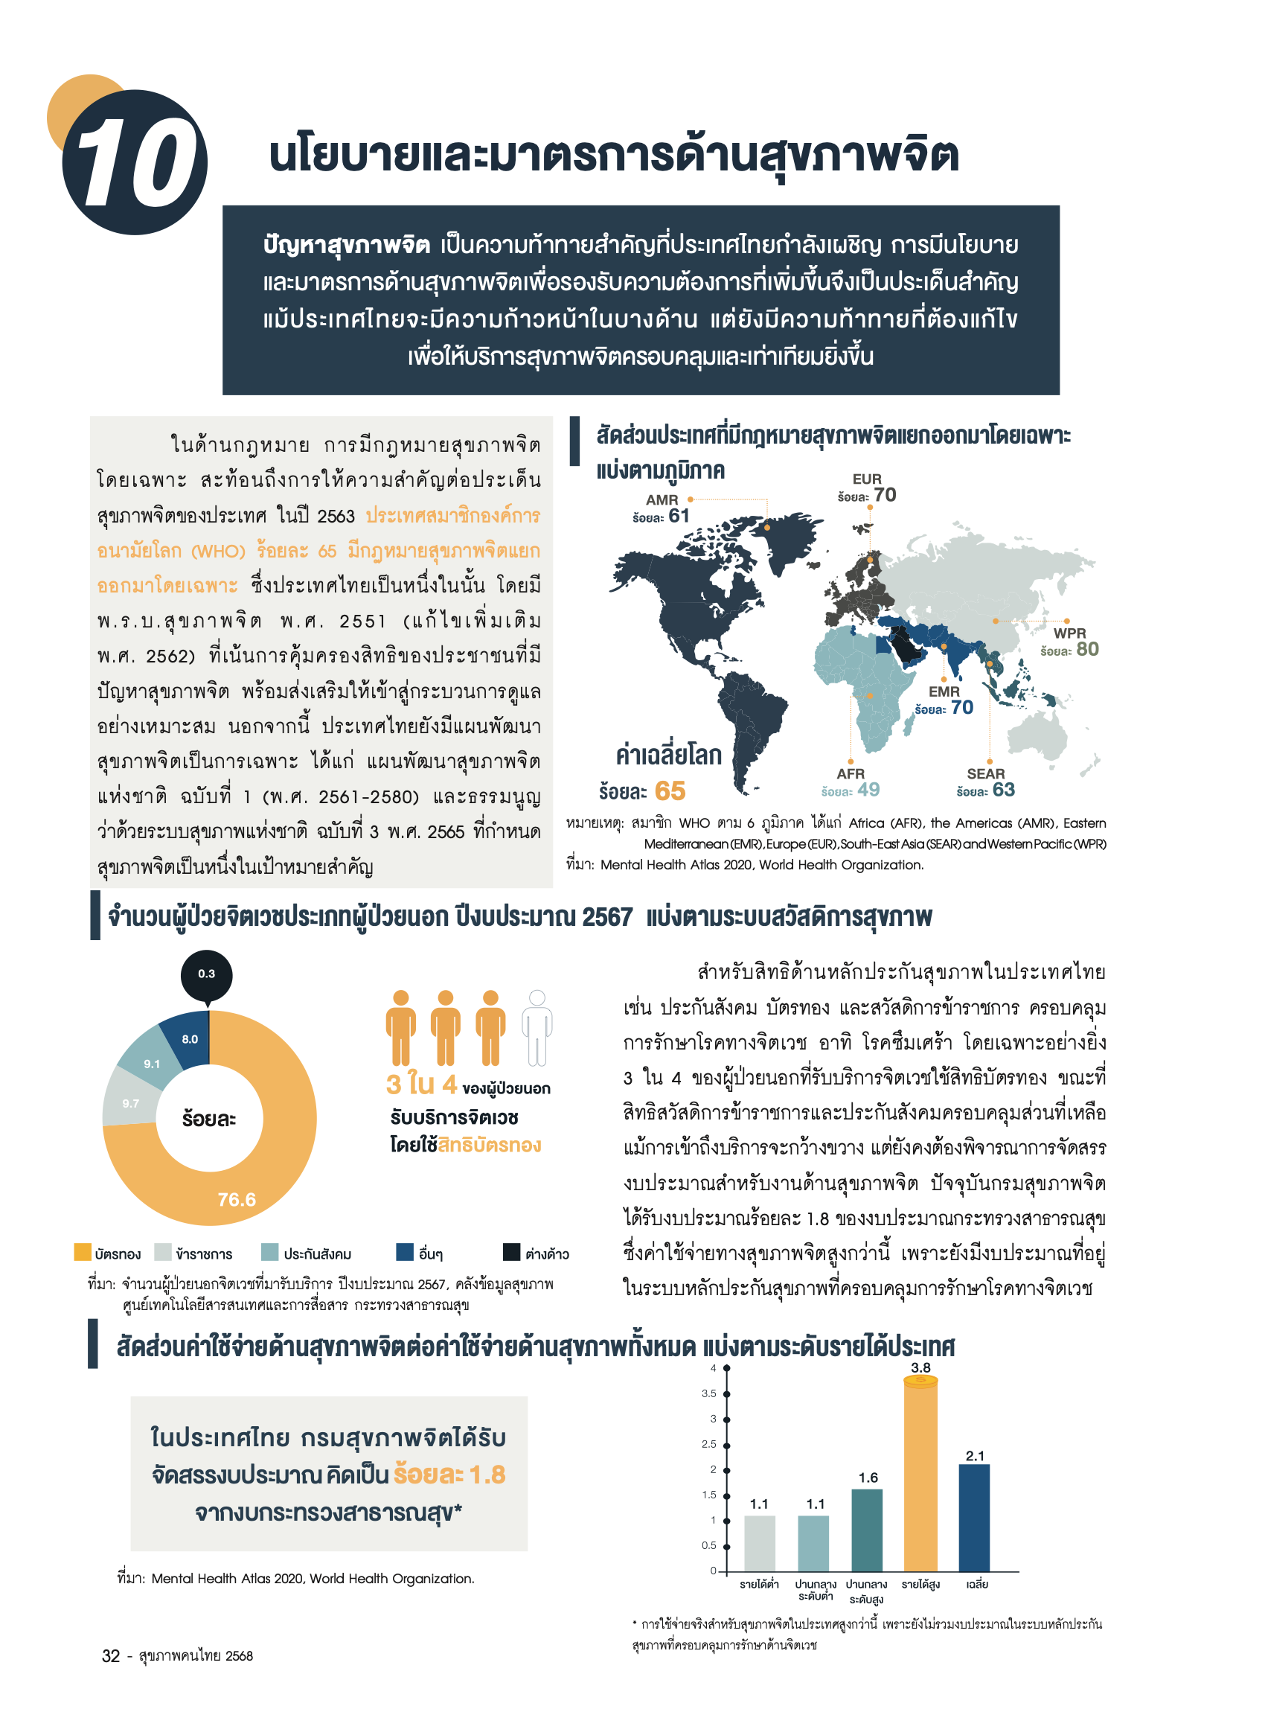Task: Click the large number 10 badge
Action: point(135,162)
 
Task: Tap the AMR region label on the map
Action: point(662,499)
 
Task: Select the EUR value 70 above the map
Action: point(885,495)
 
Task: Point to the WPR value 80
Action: point(1087,649)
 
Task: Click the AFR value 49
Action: point(868,789)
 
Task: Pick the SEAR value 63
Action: point(1003,789)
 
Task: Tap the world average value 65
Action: point(670,790)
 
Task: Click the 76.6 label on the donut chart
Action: point(237,1200)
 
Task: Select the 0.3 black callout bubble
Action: point(207,974)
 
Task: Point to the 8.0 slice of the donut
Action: point(189,1039)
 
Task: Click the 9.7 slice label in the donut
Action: point(131,1104)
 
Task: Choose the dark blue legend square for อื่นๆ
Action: point(404,1252)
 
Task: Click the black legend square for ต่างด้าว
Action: point(510,1252)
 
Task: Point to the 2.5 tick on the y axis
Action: point(710,1444)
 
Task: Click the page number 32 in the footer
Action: point(111,1655)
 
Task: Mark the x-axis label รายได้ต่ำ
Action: point(759,1584)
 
